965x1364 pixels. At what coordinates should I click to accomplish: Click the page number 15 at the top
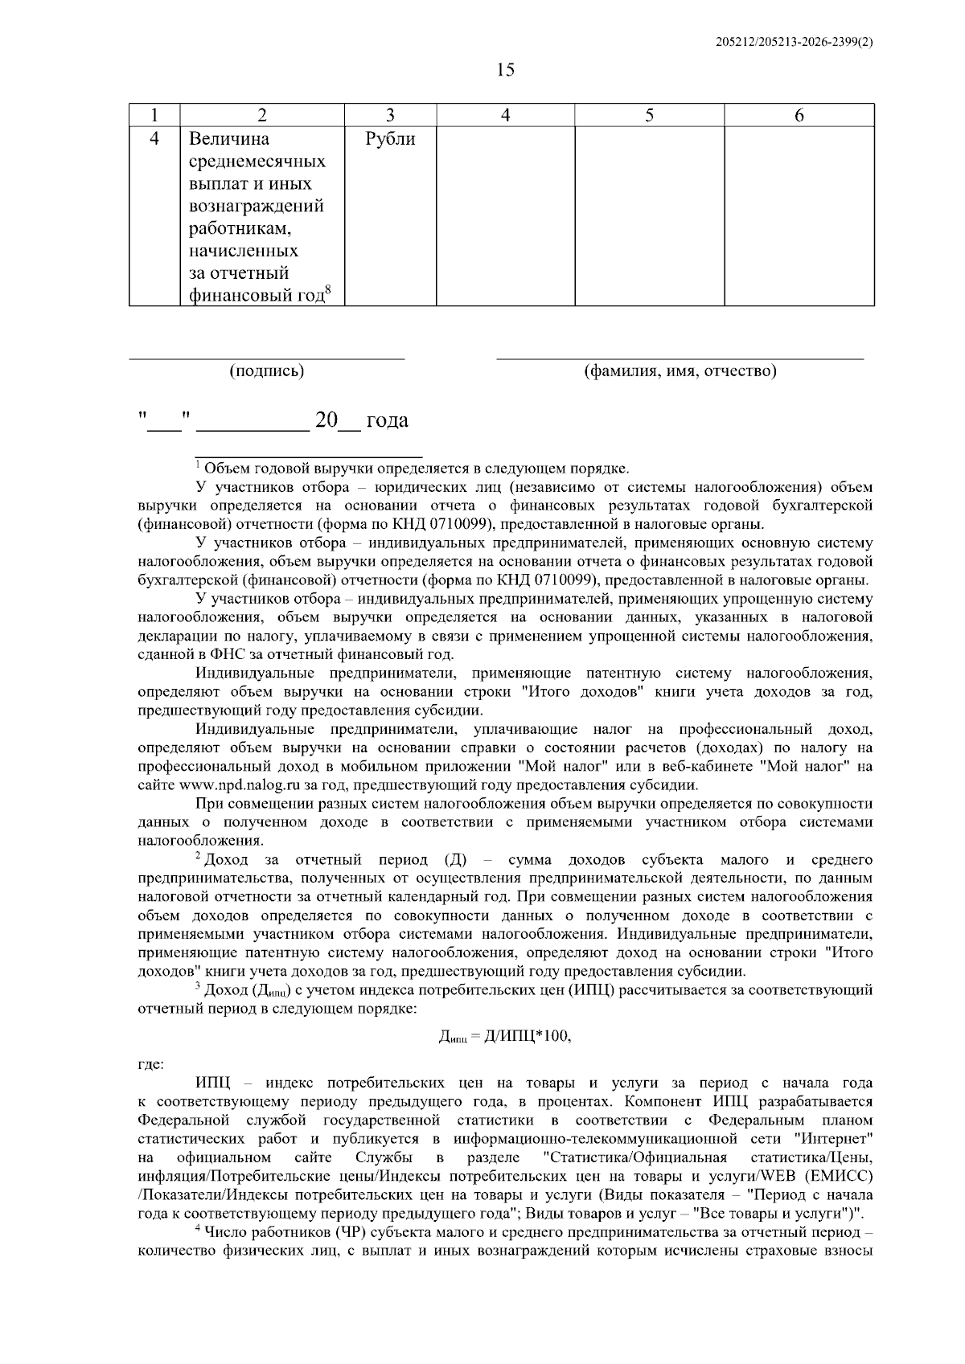pyautogui.click(x=505, y=70)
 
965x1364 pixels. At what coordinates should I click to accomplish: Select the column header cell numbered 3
pyautogui.click(x=390, y=115)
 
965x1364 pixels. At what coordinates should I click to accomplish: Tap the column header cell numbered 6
pyautogui.click(x=799, y=115)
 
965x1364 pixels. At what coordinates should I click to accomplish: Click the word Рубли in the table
pyautogui.click(x=390, y=140)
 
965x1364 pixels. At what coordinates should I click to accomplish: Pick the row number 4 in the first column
pyautogui.click(x=155, y=140)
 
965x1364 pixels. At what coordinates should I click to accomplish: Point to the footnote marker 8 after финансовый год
pyautogui.click(x=328, y=290)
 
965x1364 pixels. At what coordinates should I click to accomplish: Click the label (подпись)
pyautogui.click(x=266, y=371)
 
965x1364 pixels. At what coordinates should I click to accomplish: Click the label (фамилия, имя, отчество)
pyautogui.click(x=680, y=371)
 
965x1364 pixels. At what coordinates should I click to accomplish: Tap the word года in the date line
pyautogui.click(x=387, y=420)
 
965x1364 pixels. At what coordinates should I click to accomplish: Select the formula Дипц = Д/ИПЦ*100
pyautogui.click(x=504, y=1037)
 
